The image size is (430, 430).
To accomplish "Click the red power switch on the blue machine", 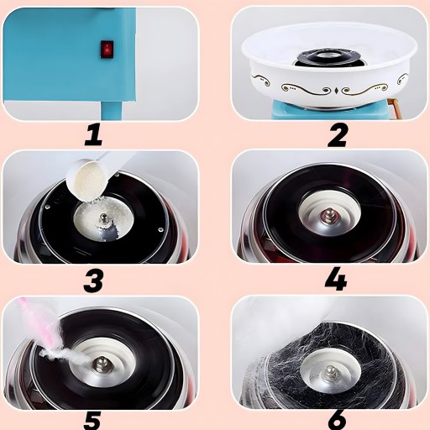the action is [107, 50].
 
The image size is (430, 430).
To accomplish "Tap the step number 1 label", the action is [94, 135].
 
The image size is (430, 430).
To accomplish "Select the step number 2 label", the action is [338, 135].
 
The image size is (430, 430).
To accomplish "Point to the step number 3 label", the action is [93, 281].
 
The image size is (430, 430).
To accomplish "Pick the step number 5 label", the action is [92, 422].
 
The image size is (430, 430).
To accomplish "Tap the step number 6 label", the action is [337, 422].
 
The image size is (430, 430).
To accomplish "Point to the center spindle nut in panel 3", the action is [104, 218].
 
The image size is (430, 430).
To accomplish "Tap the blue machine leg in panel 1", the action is [111, 110].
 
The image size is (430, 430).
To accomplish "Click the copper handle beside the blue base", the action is [393, 108].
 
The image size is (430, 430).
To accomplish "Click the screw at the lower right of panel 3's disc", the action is [160, 229].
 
